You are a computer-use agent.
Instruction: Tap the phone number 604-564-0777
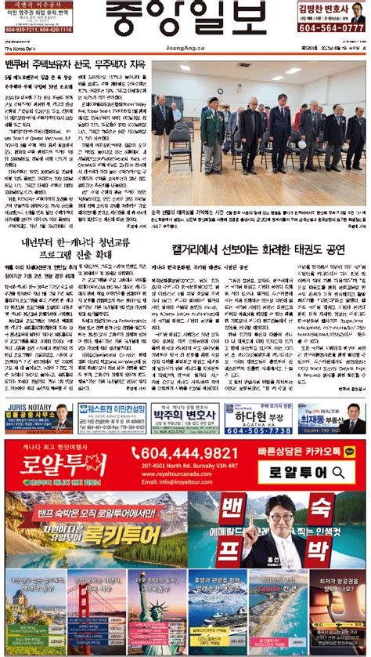(x=332, y=27)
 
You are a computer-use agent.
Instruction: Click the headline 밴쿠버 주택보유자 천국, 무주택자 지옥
(x=74, y=63)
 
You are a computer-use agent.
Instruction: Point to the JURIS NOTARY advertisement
(x=39, y=418)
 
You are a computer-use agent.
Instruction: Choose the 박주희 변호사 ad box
(x=185, y=418)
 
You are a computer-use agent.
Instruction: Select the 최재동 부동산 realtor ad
(x=331, y=418)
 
